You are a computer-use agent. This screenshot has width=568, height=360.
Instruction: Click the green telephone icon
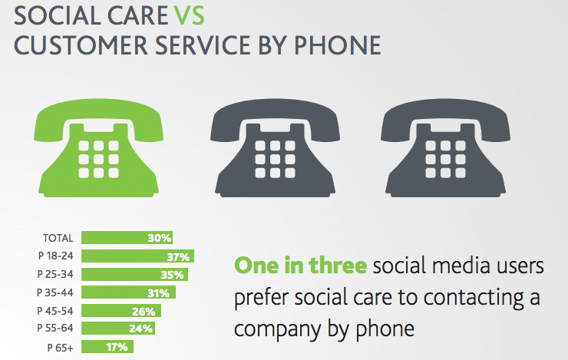(98, 148)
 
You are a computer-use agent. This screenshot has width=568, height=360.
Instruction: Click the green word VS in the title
(189, 15)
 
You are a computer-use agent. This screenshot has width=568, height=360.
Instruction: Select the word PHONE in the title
(337, 45)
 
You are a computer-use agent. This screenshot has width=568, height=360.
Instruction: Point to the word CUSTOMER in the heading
(81, 45)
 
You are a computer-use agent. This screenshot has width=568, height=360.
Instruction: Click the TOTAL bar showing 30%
(127, 238)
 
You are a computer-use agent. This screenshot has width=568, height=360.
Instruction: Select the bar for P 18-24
(137, 256)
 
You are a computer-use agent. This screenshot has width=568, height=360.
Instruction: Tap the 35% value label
(173, 275)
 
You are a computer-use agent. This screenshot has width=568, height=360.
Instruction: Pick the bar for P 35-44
(128, 292)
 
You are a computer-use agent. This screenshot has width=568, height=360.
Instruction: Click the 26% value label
(144, 312)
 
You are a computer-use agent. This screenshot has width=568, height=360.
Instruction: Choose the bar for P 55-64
(118, 328)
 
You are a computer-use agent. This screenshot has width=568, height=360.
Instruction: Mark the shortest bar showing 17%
(107, 347)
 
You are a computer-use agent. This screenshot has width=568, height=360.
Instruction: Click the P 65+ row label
(60, 348)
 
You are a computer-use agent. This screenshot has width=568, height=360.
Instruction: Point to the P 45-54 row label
(55, 311)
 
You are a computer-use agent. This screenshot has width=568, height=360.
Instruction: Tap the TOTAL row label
(58, 238)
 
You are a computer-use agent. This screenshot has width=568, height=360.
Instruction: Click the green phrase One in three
(300, 266)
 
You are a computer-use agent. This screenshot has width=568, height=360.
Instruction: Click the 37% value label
(178, 257)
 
